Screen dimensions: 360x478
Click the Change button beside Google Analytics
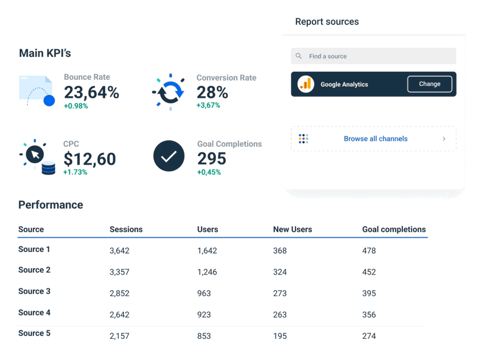(430, 84)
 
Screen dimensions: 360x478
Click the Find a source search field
(373, 56)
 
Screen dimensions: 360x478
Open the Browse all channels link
(375, 139)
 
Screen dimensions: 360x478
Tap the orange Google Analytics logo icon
(306, 84)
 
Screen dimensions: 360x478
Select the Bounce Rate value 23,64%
(92, 92)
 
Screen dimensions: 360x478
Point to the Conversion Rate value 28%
(212, 92)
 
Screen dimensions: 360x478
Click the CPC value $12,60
(90, 159)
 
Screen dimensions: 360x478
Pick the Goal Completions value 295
(212, 159)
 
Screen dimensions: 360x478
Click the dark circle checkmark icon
(169, 156)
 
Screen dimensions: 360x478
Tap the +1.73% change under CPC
(75, 172)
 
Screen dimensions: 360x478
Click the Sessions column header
(126, 230)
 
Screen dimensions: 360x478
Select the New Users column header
(292, 230)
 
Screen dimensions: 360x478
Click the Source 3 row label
(34, 291)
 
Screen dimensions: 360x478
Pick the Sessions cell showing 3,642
(119, 251)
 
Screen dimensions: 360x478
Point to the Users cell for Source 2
(207, 272)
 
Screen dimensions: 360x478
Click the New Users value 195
(280, 336)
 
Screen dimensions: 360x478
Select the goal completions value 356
(369, 315)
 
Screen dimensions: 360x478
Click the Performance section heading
(51, 205)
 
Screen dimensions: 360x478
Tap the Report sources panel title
(327, 22)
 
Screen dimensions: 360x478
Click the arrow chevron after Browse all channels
(444, 139)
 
